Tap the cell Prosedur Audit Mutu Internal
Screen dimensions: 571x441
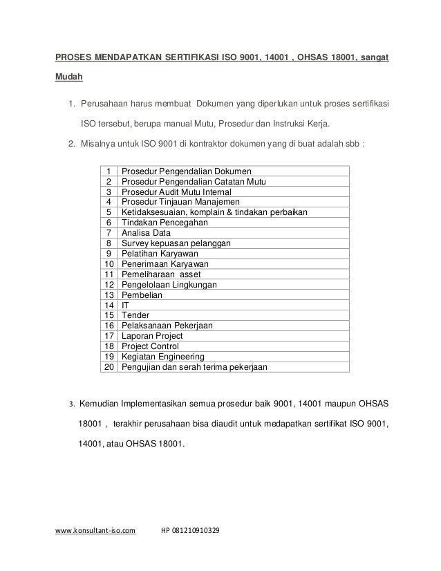[176, 191]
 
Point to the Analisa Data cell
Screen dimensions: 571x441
[146, 233]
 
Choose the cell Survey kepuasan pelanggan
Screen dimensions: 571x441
[176, 243]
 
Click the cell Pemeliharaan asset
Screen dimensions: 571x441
[161, 274]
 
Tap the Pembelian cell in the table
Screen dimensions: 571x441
[142, 294]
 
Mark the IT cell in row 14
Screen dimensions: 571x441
[125, 305]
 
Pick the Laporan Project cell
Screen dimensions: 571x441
[152, 336]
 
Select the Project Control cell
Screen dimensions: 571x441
[150, 346]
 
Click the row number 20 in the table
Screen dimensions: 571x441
[109, 367]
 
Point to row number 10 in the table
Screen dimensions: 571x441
[109, 264]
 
